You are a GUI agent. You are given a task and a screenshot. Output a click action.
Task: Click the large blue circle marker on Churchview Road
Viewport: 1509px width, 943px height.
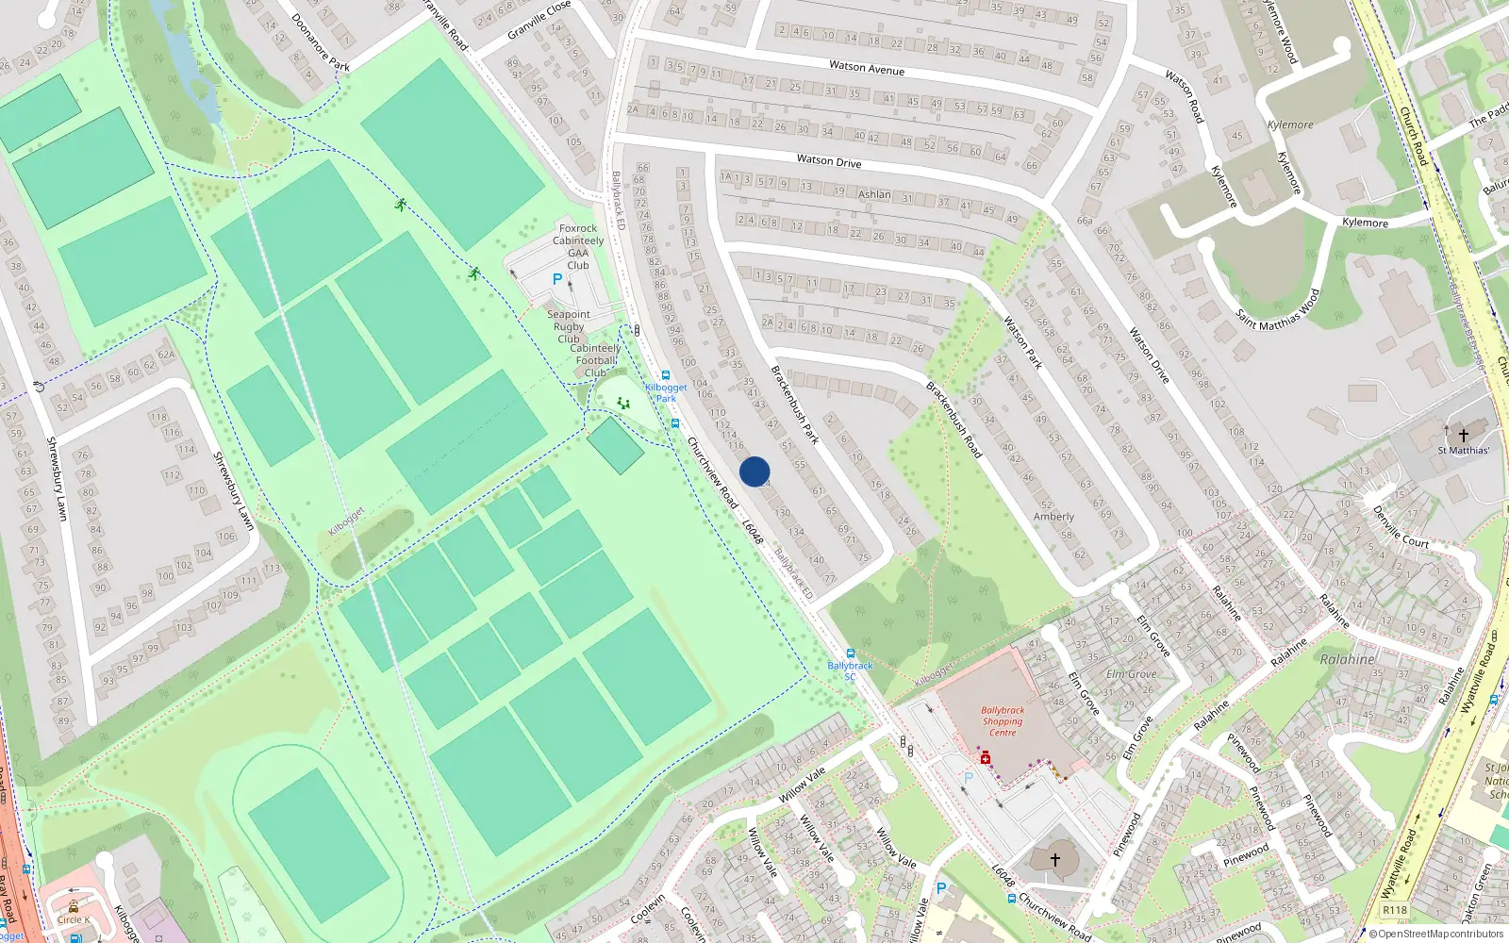pos(754,471)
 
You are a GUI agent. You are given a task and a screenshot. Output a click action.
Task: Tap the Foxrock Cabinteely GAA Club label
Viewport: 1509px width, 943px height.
pos(578,247)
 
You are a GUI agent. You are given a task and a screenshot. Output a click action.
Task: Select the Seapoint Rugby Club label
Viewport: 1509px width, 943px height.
pos(569,326)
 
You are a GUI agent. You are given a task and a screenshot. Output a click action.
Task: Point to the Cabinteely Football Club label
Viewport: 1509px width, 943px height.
pos(595,360)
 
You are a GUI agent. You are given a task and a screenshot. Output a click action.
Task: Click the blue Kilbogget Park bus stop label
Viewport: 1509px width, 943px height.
pos(666,392)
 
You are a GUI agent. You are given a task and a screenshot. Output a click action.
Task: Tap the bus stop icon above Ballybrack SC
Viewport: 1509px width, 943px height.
pos(850,653)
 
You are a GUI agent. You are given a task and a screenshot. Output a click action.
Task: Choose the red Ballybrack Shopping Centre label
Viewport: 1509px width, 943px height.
pos(1002,721)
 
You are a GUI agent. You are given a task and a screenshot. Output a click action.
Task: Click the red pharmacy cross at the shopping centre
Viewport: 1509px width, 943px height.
pos(986,759)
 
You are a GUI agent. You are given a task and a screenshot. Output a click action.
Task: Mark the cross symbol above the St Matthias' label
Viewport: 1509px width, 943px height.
pos(1463,435)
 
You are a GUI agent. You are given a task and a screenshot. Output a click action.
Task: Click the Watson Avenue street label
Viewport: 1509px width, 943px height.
pos(866,68)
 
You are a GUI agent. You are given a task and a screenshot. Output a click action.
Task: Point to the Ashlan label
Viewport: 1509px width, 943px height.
pos(874,194)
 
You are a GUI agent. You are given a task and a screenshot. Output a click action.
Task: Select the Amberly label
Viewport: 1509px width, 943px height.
pos(1053,517)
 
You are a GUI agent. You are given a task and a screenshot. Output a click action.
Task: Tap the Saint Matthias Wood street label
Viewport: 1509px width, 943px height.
pos(1278,310)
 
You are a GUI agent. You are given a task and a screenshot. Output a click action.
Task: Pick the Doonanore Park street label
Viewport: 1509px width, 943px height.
pos(321,42)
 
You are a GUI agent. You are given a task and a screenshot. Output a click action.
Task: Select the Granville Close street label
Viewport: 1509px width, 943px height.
pos(539,20)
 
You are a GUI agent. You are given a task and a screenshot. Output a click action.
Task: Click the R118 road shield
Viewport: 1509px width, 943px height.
pos(1394,910)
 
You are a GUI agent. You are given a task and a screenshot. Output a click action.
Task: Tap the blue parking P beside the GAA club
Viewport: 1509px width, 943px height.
pos(557,279)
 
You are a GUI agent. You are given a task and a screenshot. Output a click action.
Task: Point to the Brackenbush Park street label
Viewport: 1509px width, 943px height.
pos(795,405)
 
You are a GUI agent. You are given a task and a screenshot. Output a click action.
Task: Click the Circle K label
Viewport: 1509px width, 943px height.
pos(74,919)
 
